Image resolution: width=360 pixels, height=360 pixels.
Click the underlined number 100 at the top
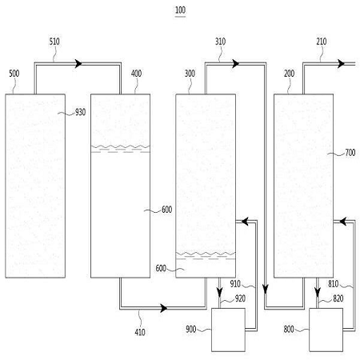click(x=180, y=10)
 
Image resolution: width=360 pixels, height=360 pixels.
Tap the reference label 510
click(x=54, y=42)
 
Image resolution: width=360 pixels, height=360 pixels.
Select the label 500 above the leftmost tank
click(x=14, y=74)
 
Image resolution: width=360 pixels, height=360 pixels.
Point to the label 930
click(x=80, y=112)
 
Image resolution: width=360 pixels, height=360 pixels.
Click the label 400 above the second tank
click(x=136, y=74)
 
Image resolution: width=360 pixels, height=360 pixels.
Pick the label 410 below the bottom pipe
click(x=140, y=332)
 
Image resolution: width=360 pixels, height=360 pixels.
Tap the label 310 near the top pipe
click(x=220, y=42)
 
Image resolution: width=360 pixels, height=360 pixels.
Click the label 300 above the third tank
click(x=190, y=74)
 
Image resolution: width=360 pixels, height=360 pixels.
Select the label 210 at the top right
click(x=322, y=42)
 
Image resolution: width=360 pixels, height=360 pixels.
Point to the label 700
click(x=350, y=153)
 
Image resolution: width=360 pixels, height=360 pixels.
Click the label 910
click(x=235, y=284)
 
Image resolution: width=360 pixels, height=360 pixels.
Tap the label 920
click(x=240, y=298)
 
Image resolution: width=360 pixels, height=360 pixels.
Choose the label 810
click(x=334, y=284)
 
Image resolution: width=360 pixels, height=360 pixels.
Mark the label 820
click(x=338, y=298)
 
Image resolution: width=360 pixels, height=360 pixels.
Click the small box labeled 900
click(x=228, y=330)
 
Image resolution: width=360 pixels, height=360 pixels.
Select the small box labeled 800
click(x=326, y=330)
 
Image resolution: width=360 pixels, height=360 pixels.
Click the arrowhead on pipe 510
click(x=78, y=64)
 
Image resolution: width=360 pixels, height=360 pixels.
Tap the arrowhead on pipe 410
click(x=164, y=308)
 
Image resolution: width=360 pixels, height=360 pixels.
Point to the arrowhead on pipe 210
click(x=341, y=64)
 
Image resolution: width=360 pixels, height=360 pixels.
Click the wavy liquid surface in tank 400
click(x=120, y=146)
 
